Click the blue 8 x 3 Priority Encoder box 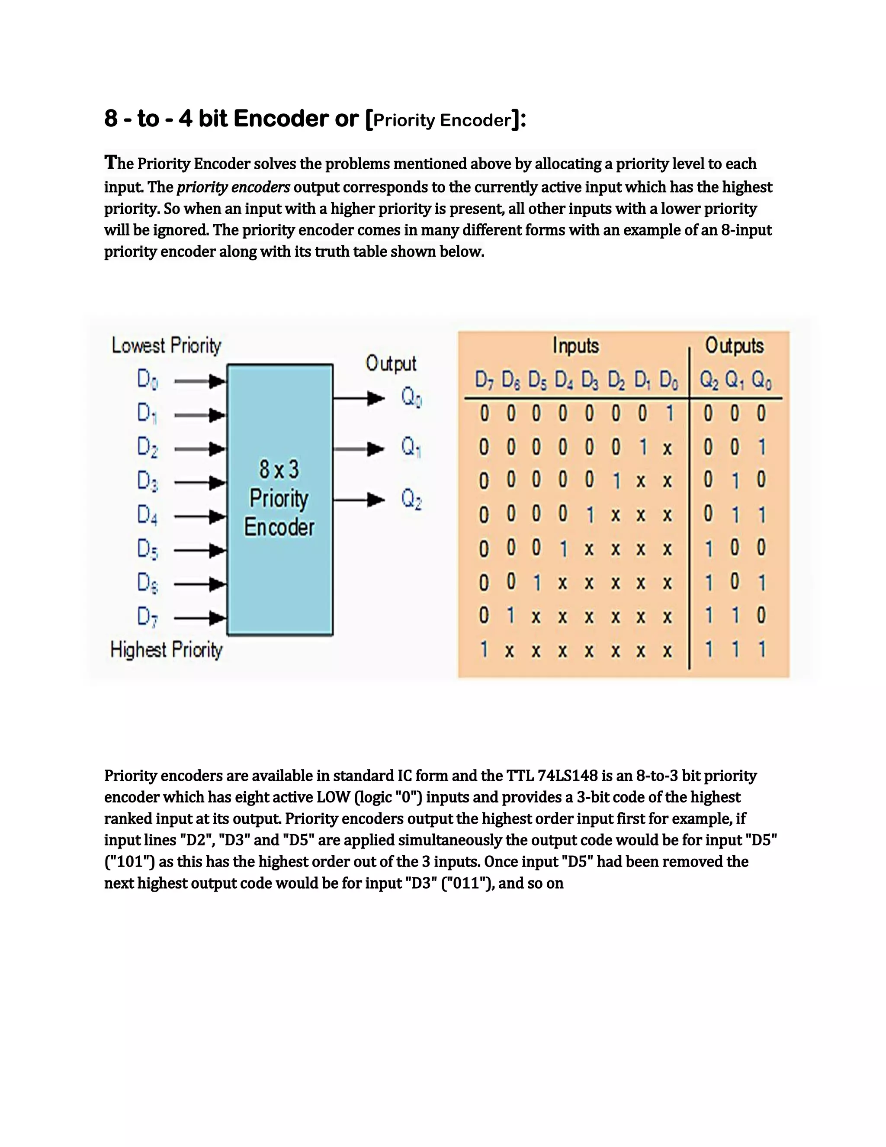280,499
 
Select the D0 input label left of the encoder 148,379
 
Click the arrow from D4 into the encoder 199,517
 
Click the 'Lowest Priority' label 167,345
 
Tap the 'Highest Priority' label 167,650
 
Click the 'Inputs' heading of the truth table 575,345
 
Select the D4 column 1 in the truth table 563,549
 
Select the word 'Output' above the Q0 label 391,364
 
